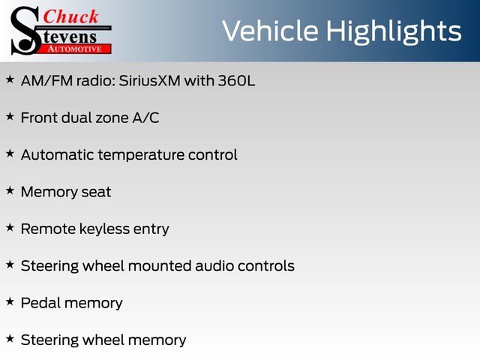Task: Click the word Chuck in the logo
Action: (x=70, y=16)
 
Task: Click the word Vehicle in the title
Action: (x=270, y=31)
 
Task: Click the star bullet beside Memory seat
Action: (x=10, y=190)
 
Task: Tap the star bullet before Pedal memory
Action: (x=10, y=301)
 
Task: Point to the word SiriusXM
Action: (x=150, y=81)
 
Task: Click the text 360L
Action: (x=236, y=81)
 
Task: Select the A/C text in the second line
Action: (x=145, y=118)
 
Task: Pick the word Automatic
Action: (x=57, y=155)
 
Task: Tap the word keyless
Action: (x=104, y=229)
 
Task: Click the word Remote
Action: (x=48, y=229)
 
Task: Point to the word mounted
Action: (x=160, y=266)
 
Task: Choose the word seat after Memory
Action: (x=96, y=193)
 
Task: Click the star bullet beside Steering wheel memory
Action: (x=10, y=338)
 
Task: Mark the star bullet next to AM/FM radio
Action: (x=10, y=79)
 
